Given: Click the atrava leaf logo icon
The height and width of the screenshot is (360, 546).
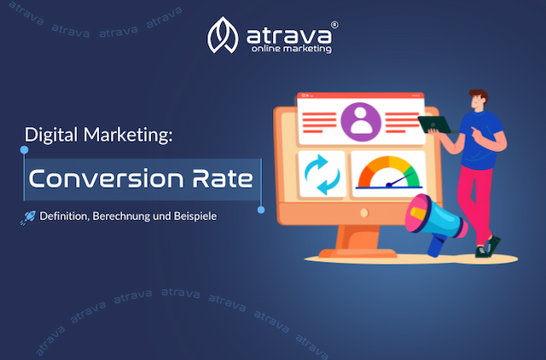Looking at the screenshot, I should coord(223,35).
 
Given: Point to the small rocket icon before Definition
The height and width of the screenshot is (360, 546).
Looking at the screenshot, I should coord(26,218).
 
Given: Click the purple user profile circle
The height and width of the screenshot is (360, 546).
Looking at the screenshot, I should coord(361,120).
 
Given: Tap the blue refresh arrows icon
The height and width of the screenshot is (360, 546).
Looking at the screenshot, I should coord(322,173).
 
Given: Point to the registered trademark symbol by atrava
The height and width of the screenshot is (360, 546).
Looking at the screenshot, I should coord(334,26).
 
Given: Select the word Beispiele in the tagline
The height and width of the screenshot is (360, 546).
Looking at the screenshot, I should coord(196,217).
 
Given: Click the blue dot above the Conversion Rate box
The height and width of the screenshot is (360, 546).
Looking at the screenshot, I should coord(25,150).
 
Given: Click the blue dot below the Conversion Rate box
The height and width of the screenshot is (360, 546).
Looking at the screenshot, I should coord(261,209).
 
